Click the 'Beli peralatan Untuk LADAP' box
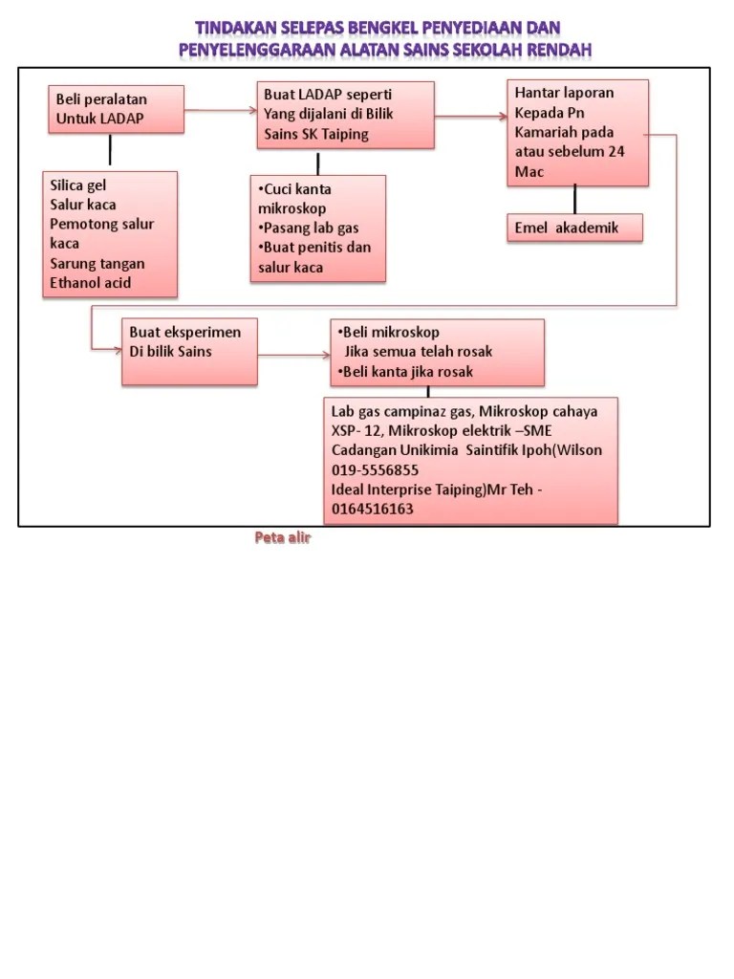(x=115, y=110)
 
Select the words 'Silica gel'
(x=78, y=185)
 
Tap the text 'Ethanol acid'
(x=91, y=283)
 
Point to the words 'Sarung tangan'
(x=97, y=264)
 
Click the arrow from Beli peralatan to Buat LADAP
(x=221, y=111)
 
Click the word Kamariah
(x=550, y=132)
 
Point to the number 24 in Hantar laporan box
(x=616, y=152)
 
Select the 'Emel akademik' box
(x=573, y=228)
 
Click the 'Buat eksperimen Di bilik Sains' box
(x=189, y=352)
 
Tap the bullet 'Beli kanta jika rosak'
(x=405, y=372)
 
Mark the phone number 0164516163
(x=372, y=510)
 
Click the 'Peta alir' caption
(x=283, y=538)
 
